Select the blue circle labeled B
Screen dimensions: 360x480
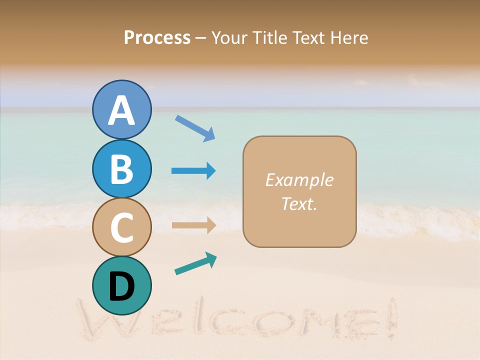[x=121, y=168]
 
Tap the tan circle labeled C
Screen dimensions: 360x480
[x=121, y=226]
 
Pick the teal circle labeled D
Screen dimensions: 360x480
[x=121, y=285]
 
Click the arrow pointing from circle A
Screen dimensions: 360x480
[x=195, y=128]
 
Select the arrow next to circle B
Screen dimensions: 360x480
[x=193, y=171]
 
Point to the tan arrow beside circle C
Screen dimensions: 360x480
[x=193, y=225]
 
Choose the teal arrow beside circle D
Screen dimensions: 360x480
[x=195, y=263]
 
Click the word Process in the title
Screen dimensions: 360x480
[x=157, y=37]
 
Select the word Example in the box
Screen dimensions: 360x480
[x=299, y=180]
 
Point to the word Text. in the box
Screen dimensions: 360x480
[x=299, y=203]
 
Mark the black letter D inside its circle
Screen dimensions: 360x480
[x=121, y=287]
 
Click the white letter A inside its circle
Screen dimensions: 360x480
[x=121, y=111]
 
